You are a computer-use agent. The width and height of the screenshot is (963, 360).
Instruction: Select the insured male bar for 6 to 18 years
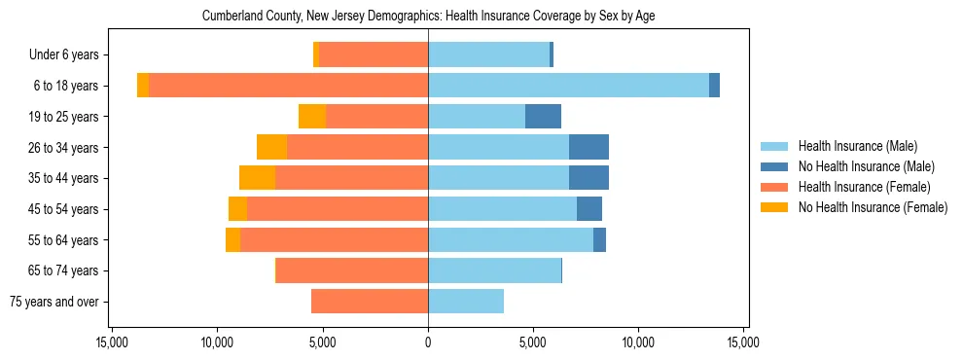pyautogui.click(x=568, y=86)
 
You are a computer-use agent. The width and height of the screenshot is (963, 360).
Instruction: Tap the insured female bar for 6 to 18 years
pyautogui.click(x=288, y=86)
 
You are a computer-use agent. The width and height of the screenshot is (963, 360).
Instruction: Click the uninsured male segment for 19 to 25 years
pyautogui.click(x=543, y=117)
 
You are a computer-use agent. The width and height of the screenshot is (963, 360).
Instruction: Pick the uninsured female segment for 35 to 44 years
pyautogui.click(x=258, y=178)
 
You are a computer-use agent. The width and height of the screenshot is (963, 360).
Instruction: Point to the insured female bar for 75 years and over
pyautogui.click(x=370, y=302)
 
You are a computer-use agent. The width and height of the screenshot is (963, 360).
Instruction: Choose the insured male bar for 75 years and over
pyautogui.click(x=466, y=302)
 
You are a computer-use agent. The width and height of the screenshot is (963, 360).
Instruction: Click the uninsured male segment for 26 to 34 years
pyautogui.click(x=588, y=147)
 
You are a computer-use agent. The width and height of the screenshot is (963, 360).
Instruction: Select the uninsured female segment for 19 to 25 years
pyautogui.click(x=312, y=117)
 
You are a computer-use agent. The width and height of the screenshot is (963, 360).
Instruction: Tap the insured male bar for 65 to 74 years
pyautogui.click(x=494, y=270)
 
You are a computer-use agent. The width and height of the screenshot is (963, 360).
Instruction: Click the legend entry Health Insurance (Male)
pyautogui.click(x=857, y=146)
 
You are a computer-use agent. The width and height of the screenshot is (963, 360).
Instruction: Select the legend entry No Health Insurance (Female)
pyautogui.click(x=873, y=207)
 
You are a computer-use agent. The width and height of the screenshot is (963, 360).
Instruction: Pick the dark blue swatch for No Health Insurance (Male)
pyautogui.click(x=775, y=166)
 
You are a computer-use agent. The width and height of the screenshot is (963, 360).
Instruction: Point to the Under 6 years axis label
pyautogui.click(x=70, y=55)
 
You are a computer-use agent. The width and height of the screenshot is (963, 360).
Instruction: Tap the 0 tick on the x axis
pyautogui.click(x=428, y=343)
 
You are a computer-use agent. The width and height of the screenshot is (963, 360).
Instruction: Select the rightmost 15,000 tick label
pyautogui.click(x=743, y=343)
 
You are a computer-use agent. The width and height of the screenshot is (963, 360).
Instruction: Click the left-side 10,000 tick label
pyautogui.click(x=217, y=343)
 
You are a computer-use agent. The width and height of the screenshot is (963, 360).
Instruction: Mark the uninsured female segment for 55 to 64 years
pyautogui.click(x=232, y=240)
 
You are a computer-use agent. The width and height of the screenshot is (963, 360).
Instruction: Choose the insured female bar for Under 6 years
pyautogui.click(x=374, y=55)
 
